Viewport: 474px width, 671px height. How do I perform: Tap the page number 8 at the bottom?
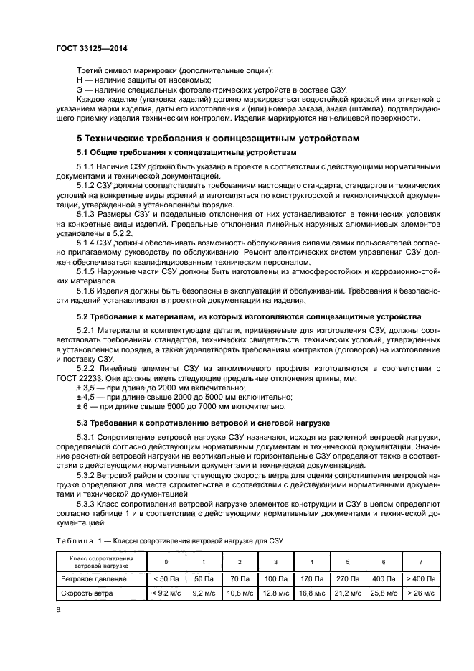click(x=60, y=609)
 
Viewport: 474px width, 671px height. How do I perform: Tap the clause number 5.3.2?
click(x=87, y=475)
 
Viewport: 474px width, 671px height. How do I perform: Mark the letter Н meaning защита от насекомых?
click(x=80, y=81)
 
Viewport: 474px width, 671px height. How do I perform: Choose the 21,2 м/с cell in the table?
click(x=349, y=593)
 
